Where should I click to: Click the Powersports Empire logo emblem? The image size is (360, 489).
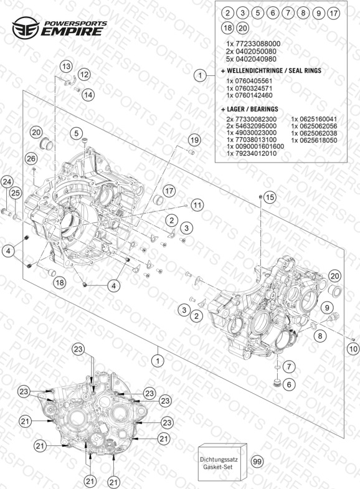26,27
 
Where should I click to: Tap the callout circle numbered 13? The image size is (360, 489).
66,67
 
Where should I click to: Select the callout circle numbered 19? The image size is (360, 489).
194,140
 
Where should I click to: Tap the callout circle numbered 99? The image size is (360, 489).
257,461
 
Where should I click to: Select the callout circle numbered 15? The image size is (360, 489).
270,197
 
